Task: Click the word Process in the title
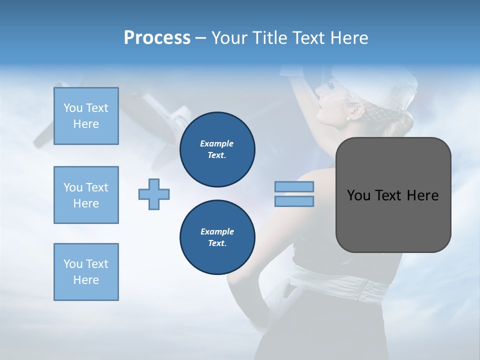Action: coord(157,38)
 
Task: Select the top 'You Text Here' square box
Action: coord(86,116)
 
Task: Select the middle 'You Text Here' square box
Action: coord(86,195)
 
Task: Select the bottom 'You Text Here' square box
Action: coord(86,272)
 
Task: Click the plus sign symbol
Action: coord(154,194)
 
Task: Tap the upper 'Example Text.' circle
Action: coord(217,149)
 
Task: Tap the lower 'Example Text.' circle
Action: coord(217,237)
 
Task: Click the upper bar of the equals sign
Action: coord(294,186)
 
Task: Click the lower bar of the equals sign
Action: coord(294,201)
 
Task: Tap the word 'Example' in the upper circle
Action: coord(217,143)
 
